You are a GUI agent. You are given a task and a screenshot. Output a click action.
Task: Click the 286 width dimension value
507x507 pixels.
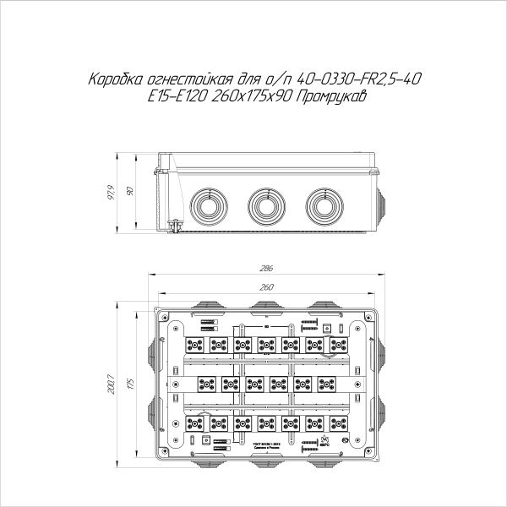click(266, 269)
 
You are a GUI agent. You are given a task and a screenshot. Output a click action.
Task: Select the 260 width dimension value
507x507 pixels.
click(266, 289)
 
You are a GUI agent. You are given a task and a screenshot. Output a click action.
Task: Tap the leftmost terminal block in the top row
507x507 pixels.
click(194, 345)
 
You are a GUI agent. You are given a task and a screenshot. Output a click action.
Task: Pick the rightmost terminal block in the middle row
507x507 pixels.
click(327, 384)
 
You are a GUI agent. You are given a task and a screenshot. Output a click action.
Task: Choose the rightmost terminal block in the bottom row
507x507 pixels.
click(341, 422)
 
